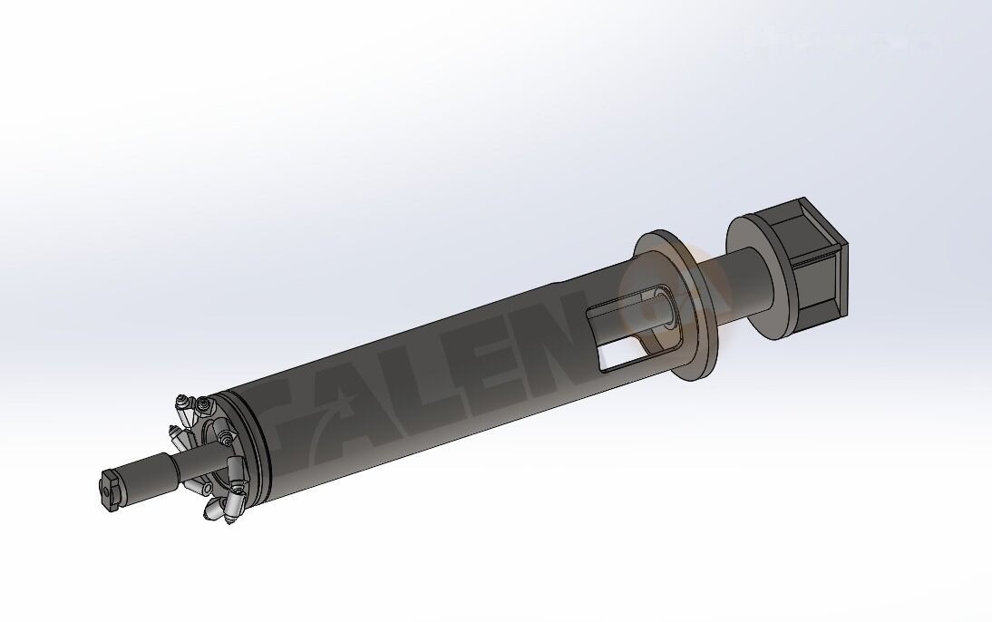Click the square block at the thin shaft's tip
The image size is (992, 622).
coord(111,490)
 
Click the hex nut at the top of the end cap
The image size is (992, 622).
coord(184,401)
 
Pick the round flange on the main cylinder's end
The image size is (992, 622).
coord(676,308)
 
